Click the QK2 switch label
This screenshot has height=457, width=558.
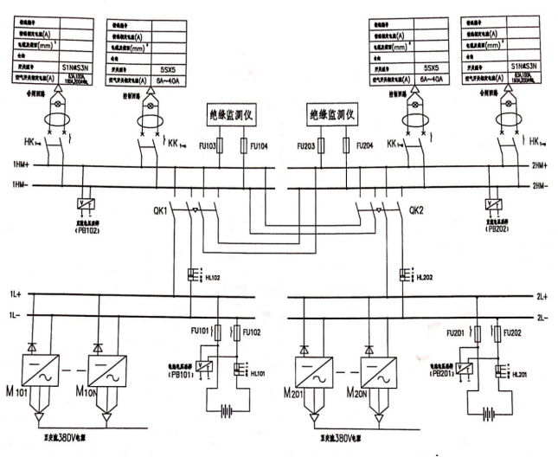pos(416,209)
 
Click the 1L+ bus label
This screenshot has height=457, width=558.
pos(15,294)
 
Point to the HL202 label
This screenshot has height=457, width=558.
pos(423,278)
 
